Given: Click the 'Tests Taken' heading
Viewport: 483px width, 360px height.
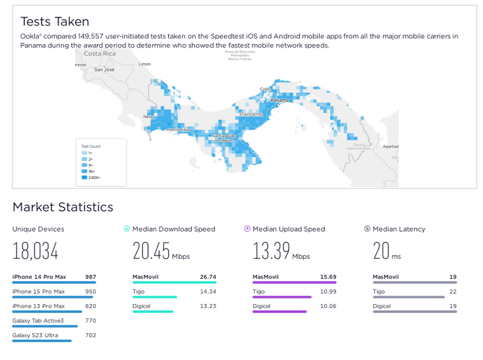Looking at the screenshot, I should click(55, 21).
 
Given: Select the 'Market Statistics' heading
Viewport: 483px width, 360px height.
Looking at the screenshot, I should click(63, 207).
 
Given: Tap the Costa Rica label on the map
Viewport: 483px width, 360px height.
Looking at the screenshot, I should click(99, 54).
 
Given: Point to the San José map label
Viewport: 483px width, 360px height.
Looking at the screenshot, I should click(105, 70).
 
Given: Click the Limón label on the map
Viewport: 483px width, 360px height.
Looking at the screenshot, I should click(145, 64).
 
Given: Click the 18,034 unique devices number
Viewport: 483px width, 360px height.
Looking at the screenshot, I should click(36, 251).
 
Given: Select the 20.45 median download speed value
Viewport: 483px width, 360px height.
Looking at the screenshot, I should click(151, 251).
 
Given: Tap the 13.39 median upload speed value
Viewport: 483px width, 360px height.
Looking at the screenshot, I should click(272, 251).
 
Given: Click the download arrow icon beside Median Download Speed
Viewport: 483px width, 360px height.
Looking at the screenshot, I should click(127, 229).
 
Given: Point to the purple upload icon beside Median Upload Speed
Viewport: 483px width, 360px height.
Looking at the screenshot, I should click(247, 229).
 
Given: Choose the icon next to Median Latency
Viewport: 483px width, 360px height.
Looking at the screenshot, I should click(367, 229).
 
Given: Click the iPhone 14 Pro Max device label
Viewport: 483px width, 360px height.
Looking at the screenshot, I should click(39, 277).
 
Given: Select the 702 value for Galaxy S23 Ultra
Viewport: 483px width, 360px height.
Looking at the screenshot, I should click(90, 335).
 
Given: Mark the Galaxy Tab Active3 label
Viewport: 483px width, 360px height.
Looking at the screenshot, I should click(38, 320).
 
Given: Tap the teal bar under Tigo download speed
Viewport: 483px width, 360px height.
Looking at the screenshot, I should click(154, 297).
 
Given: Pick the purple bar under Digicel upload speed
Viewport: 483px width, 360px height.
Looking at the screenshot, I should click(279, 311).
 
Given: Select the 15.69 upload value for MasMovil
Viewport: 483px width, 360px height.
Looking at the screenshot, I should click(328, 277).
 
